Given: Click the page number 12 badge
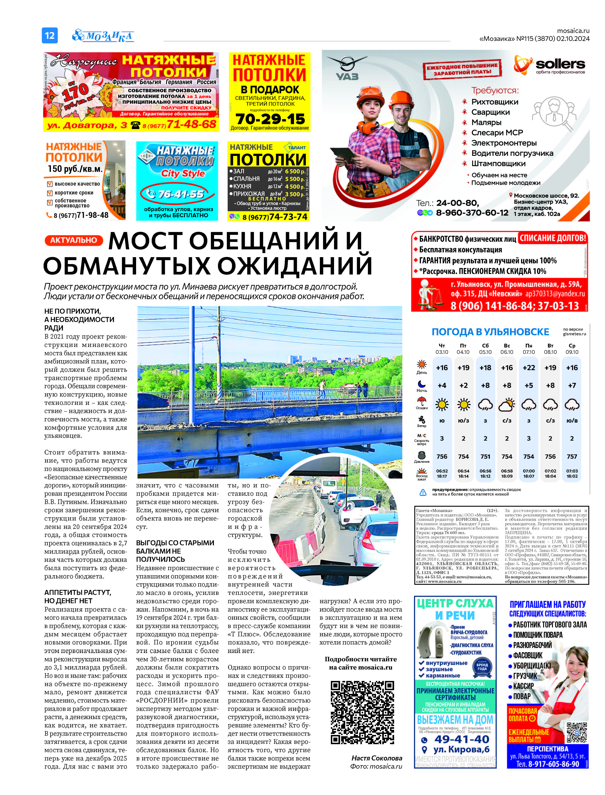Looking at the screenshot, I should coord(50,35).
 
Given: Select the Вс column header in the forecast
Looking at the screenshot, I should coord(507,346).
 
